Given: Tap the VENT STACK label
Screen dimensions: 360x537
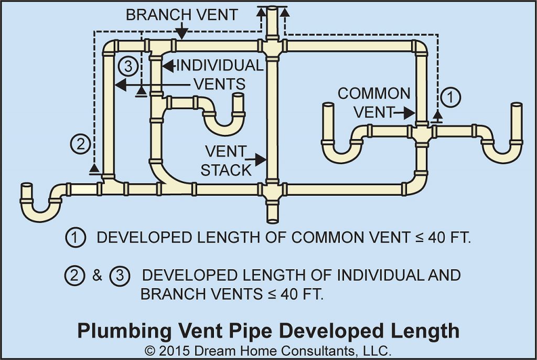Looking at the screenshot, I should tap(225, 161).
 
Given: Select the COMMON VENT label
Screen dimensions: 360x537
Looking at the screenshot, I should tap(373, 102).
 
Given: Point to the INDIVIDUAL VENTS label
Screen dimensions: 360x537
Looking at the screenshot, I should tap(218, 75).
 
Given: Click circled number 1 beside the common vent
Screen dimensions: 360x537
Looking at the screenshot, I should tap(450, 97).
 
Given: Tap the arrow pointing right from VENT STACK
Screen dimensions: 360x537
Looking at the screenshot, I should tap(259, 157).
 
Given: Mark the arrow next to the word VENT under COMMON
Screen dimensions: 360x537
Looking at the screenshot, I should tap(406, 112).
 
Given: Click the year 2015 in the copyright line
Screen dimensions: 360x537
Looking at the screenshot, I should tap(173, 349).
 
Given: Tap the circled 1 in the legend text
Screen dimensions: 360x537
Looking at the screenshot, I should tap(76, 238).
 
